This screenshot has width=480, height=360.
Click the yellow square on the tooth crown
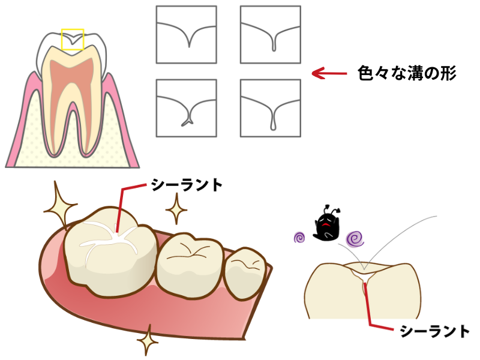pos(73,39)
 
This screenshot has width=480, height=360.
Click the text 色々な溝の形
pos(407,74)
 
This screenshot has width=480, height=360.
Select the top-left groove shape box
pos(187,34)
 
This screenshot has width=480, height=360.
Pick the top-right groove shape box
pos(270,34)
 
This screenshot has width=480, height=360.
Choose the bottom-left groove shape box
pos(187,108)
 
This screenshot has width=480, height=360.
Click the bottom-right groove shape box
pos(270,108)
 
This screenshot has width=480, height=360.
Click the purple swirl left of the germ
pos(301,238)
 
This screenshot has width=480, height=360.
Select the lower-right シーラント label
pos(434,331)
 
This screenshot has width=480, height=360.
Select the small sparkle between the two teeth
pos(176,211)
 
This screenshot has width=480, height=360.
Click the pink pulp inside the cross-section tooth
pos(73,90)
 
